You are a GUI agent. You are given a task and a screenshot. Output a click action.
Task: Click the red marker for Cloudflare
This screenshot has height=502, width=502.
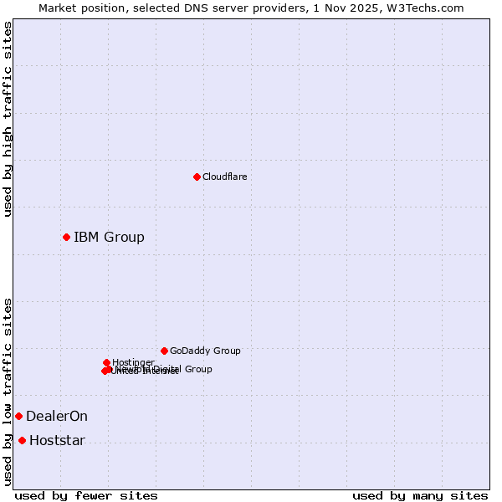pyautogui.click(x=197, y=177)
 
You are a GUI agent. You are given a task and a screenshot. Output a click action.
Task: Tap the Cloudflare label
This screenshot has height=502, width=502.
pyautogui.click(x=225, y=177)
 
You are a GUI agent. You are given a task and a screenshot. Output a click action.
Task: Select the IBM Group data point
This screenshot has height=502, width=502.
pyautogui.click(x=66, y=237)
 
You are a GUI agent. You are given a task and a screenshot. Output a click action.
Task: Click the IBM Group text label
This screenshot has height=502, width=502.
pyautogui.click(x=109, y=238)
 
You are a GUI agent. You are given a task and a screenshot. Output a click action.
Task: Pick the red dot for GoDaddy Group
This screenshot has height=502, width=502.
pyautogui.click(x=164, y=351)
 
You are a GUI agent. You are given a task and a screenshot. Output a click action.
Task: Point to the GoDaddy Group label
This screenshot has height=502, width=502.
pyautogui.click(x=205, y=351)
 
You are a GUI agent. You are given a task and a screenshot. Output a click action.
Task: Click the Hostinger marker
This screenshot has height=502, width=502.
pyautogui.click(x=106, y=362)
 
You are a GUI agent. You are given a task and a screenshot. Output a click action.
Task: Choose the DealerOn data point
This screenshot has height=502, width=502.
pyautogui.click(x=18, y=416)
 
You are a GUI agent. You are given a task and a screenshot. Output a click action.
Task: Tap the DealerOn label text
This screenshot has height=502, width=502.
pyautogui.click(x=57, y=417)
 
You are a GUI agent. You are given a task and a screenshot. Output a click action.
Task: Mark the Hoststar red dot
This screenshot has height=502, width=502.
pyautogui.click(x=22, y=440)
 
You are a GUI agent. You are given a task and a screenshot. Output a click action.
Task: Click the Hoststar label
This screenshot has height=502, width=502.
pyautogui.click(x=57, y=441)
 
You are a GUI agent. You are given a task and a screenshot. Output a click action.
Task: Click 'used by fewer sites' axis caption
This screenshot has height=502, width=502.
pyautogui.click(x=86, y=496)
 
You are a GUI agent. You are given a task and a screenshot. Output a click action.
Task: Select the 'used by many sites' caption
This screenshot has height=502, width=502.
pyautogui.click(x=420, y=496)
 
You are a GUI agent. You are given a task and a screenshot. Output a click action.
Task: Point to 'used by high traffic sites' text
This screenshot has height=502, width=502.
pyautogui.click(x=8, y=119)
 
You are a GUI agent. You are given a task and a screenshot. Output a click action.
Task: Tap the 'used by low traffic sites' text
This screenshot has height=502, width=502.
pyautogui.click(x=8, y=392)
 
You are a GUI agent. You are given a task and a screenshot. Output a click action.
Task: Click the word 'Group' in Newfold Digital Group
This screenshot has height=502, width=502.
pyautogui.click(x=198, y=369)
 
